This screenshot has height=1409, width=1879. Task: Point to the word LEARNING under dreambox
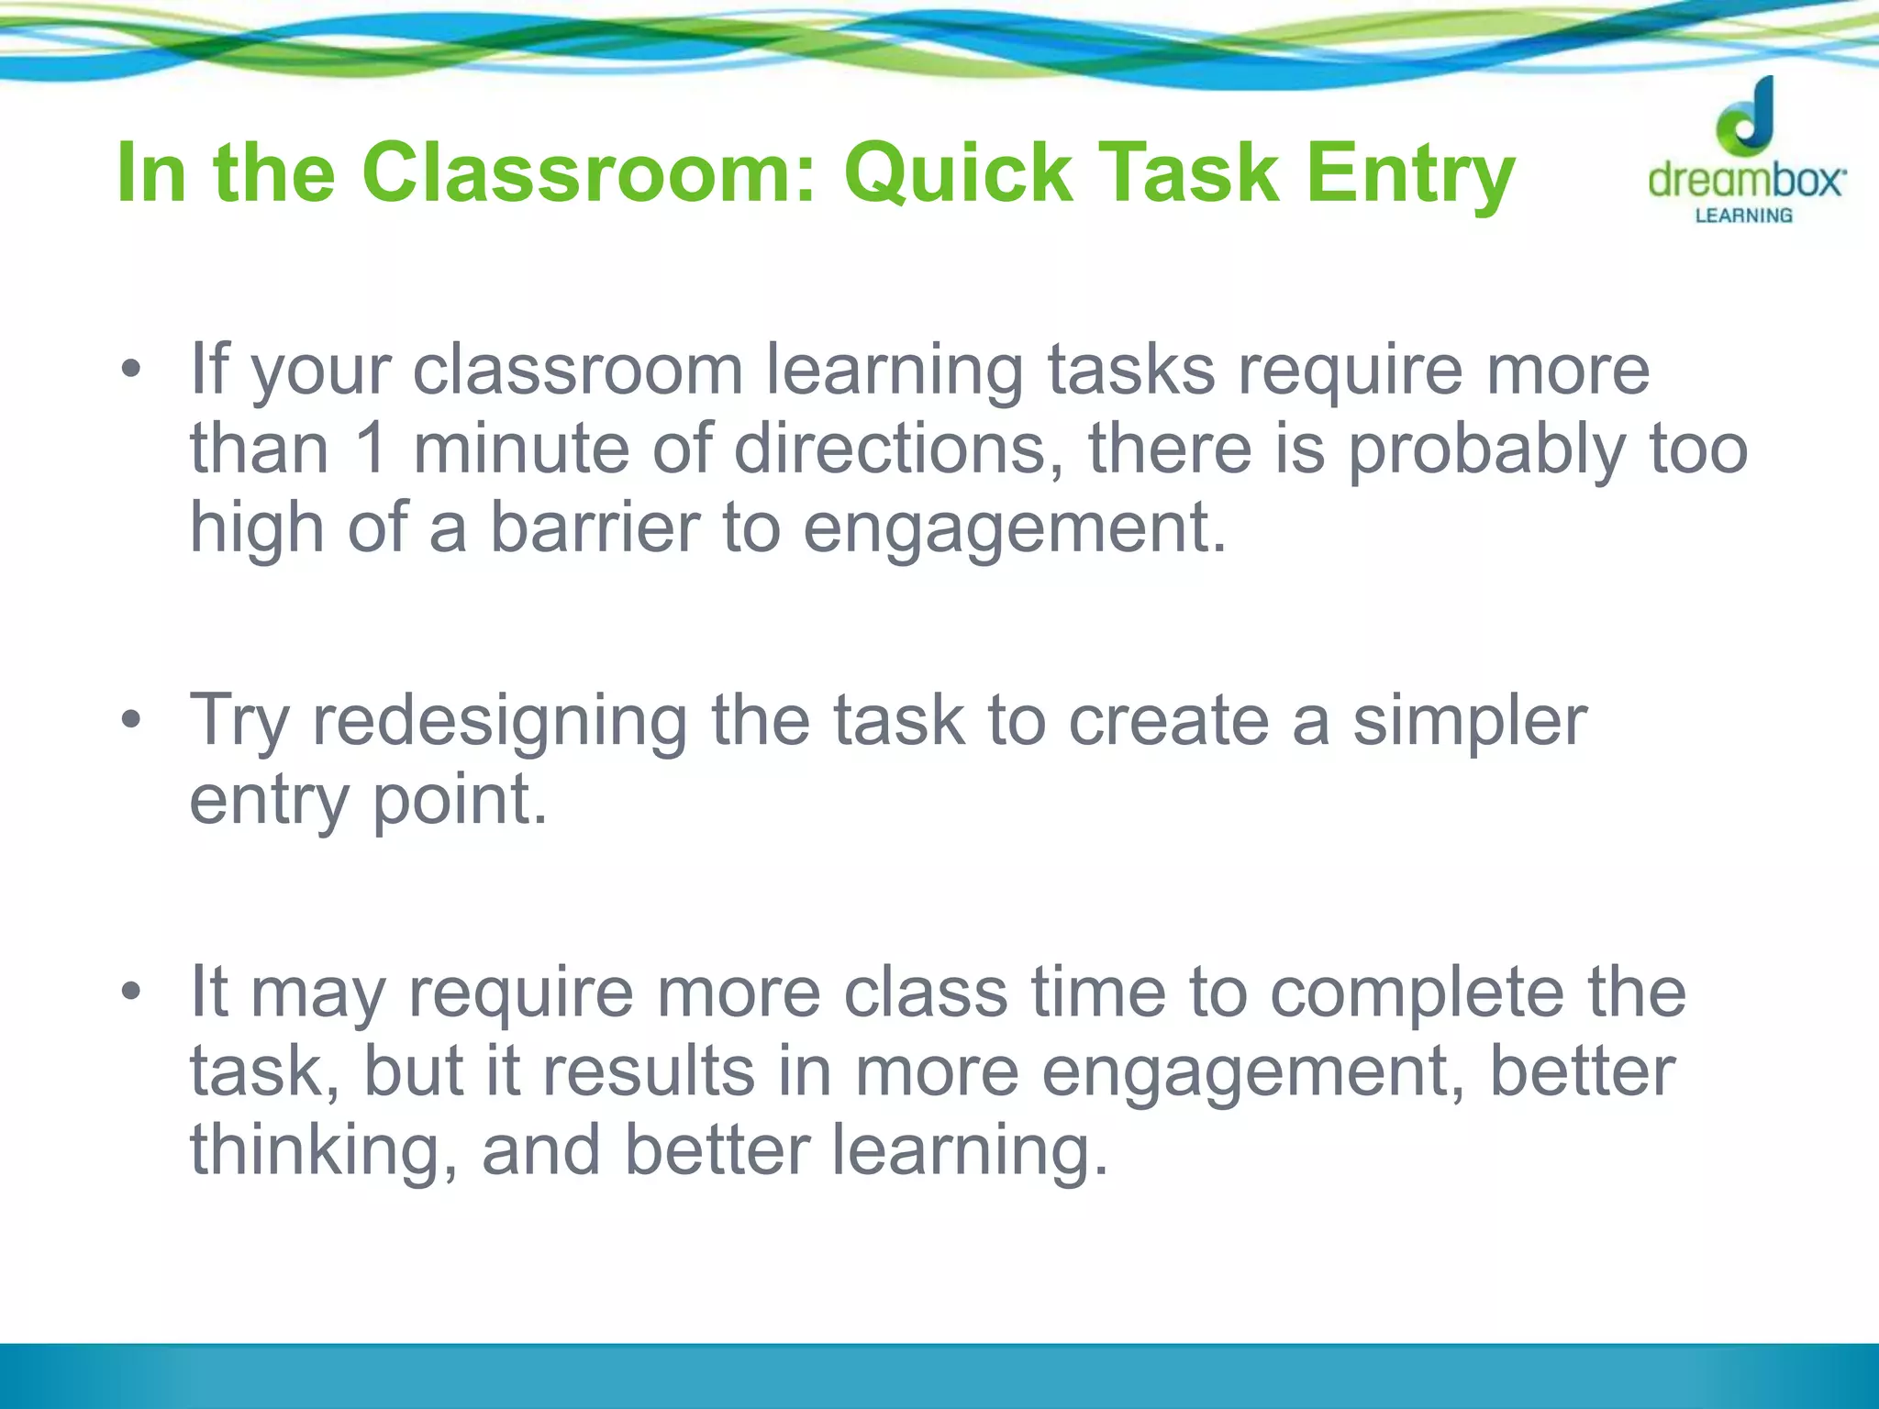click(x=1743, y=216)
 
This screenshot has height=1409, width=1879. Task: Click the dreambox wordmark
click(x=1746, y=180)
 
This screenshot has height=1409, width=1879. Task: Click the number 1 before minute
click(x=371, y=449)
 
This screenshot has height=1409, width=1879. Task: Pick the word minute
click(x=521, y=449)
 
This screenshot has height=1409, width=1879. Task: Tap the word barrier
click(x=595, y=528)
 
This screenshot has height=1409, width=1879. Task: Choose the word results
click(x=648, y=1071)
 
